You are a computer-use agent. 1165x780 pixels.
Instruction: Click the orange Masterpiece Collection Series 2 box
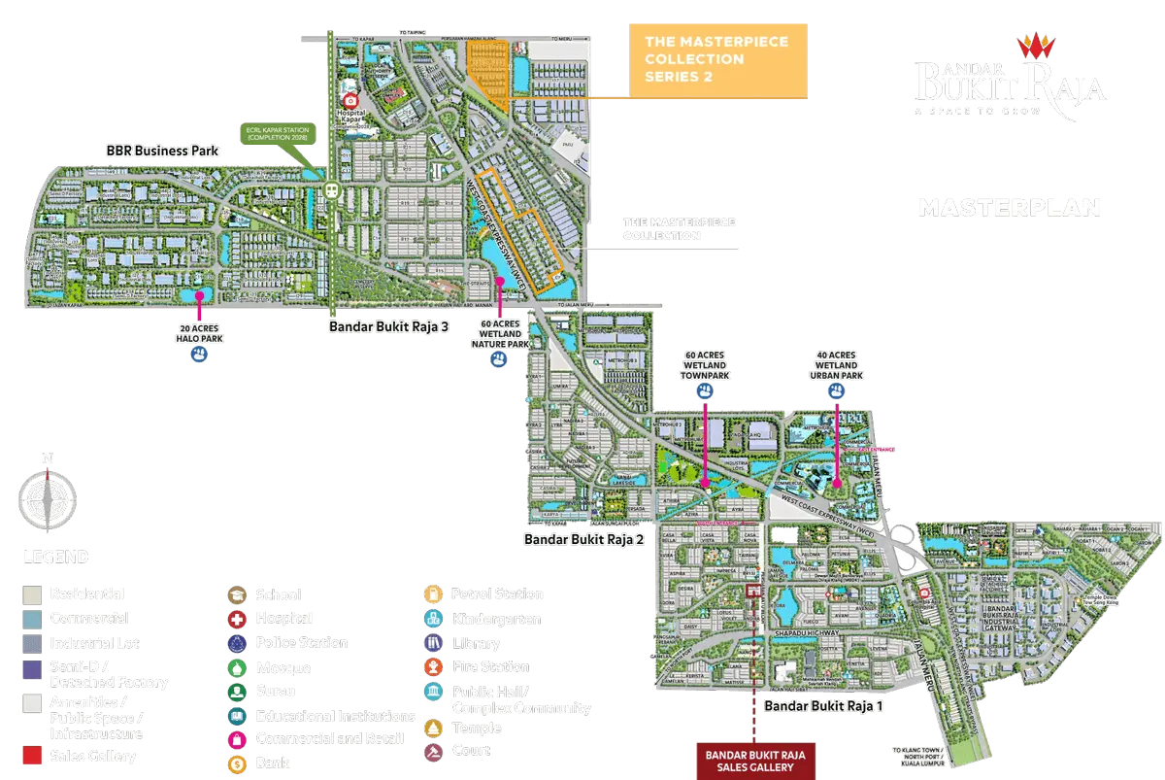click(x=717, y=60)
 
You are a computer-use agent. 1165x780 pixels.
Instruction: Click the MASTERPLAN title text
click(x=1009, y=207)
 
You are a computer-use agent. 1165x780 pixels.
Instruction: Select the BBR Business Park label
click(x=162, y=152)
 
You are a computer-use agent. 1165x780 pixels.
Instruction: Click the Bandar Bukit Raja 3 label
click(x=388, y=326)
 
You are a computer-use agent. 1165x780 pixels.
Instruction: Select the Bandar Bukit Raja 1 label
click(x=822, y=706)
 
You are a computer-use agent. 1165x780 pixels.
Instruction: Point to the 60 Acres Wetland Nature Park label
click(x=499, y=332)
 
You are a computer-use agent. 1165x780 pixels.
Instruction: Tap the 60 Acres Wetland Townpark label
click(x=705, y=363)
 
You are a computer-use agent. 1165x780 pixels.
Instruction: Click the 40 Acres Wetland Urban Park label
click(x=836, y=363)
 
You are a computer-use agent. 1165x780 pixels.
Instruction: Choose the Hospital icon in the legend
click(x=237, y=619)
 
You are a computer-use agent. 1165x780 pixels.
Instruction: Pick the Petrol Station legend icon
click(x=432, y=594)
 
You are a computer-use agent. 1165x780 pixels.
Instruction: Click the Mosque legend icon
click(x=237, y=667)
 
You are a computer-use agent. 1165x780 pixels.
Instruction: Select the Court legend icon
click(x=432, y=751)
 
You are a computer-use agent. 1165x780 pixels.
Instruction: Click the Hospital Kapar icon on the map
click(x=351, y=100)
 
